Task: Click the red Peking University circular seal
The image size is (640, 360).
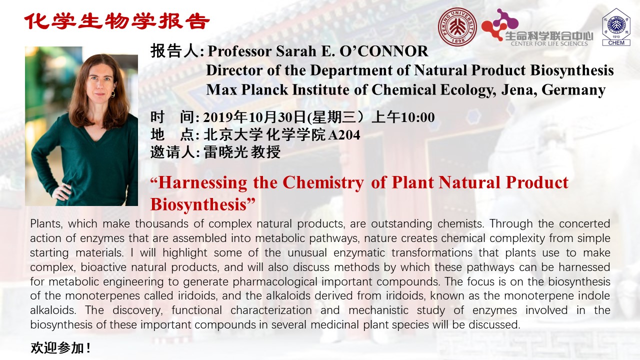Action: pos(457,27)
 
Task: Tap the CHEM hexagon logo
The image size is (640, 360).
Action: pos(616,27)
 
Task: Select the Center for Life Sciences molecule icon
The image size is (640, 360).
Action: pos(499,25)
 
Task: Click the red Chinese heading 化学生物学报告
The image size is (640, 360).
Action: pos(117,21)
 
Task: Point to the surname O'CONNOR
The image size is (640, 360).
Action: pos(383,51)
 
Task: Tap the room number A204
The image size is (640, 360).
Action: pos(344,135)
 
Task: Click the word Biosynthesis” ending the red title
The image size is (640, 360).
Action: pos(202,204)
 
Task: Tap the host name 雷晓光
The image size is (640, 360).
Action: pos(225,152)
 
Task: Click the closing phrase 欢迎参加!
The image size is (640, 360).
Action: pos(60,347)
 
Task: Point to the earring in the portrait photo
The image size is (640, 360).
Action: pos(112,94)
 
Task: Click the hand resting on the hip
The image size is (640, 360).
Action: pos(61,191)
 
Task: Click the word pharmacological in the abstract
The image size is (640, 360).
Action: pos(275,282)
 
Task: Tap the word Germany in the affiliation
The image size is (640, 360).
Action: pos(573,89)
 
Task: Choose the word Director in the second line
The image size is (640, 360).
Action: pos(234,70)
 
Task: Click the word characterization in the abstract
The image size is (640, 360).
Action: pos(271,310)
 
